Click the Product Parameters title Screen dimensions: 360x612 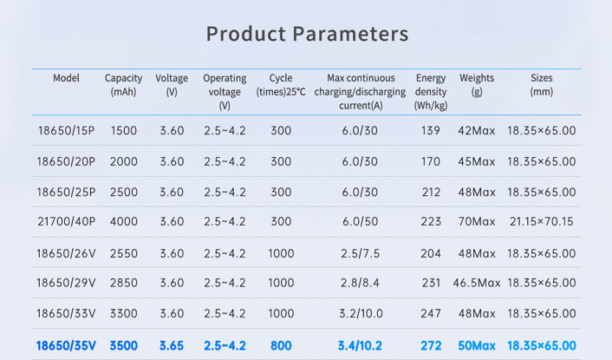(307, 35)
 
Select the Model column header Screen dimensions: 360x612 (66, 78)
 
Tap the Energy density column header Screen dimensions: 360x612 (431, 91)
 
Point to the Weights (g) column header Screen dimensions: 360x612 (477, 84)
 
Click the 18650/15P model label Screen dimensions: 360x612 (66, 131)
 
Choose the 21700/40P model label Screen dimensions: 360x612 (66, 222)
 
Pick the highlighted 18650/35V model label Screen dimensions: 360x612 (66, 345)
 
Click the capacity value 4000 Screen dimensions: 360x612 (124, 222)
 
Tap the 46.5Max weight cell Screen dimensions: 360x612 (477, 283)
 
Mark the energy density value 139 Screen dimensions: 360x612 (431, 131)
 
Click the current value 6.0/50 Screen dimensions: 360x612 (360, 222)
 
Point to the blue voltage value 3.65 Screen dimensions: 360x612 (172, 345)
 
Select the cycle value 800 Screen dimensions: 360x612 (281, 345)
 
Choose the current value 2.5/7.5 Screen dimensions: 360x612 (360, 253)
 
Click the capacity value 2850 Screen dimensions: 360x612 (124, 283)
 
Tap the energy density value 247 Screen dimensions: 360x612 (431, 313)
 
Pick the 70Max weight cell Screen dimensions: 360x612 (477, 222)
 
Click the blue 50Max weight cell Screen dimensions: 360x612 (477, 345)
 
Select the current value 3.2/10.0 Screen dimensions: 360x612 (360, 313)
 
